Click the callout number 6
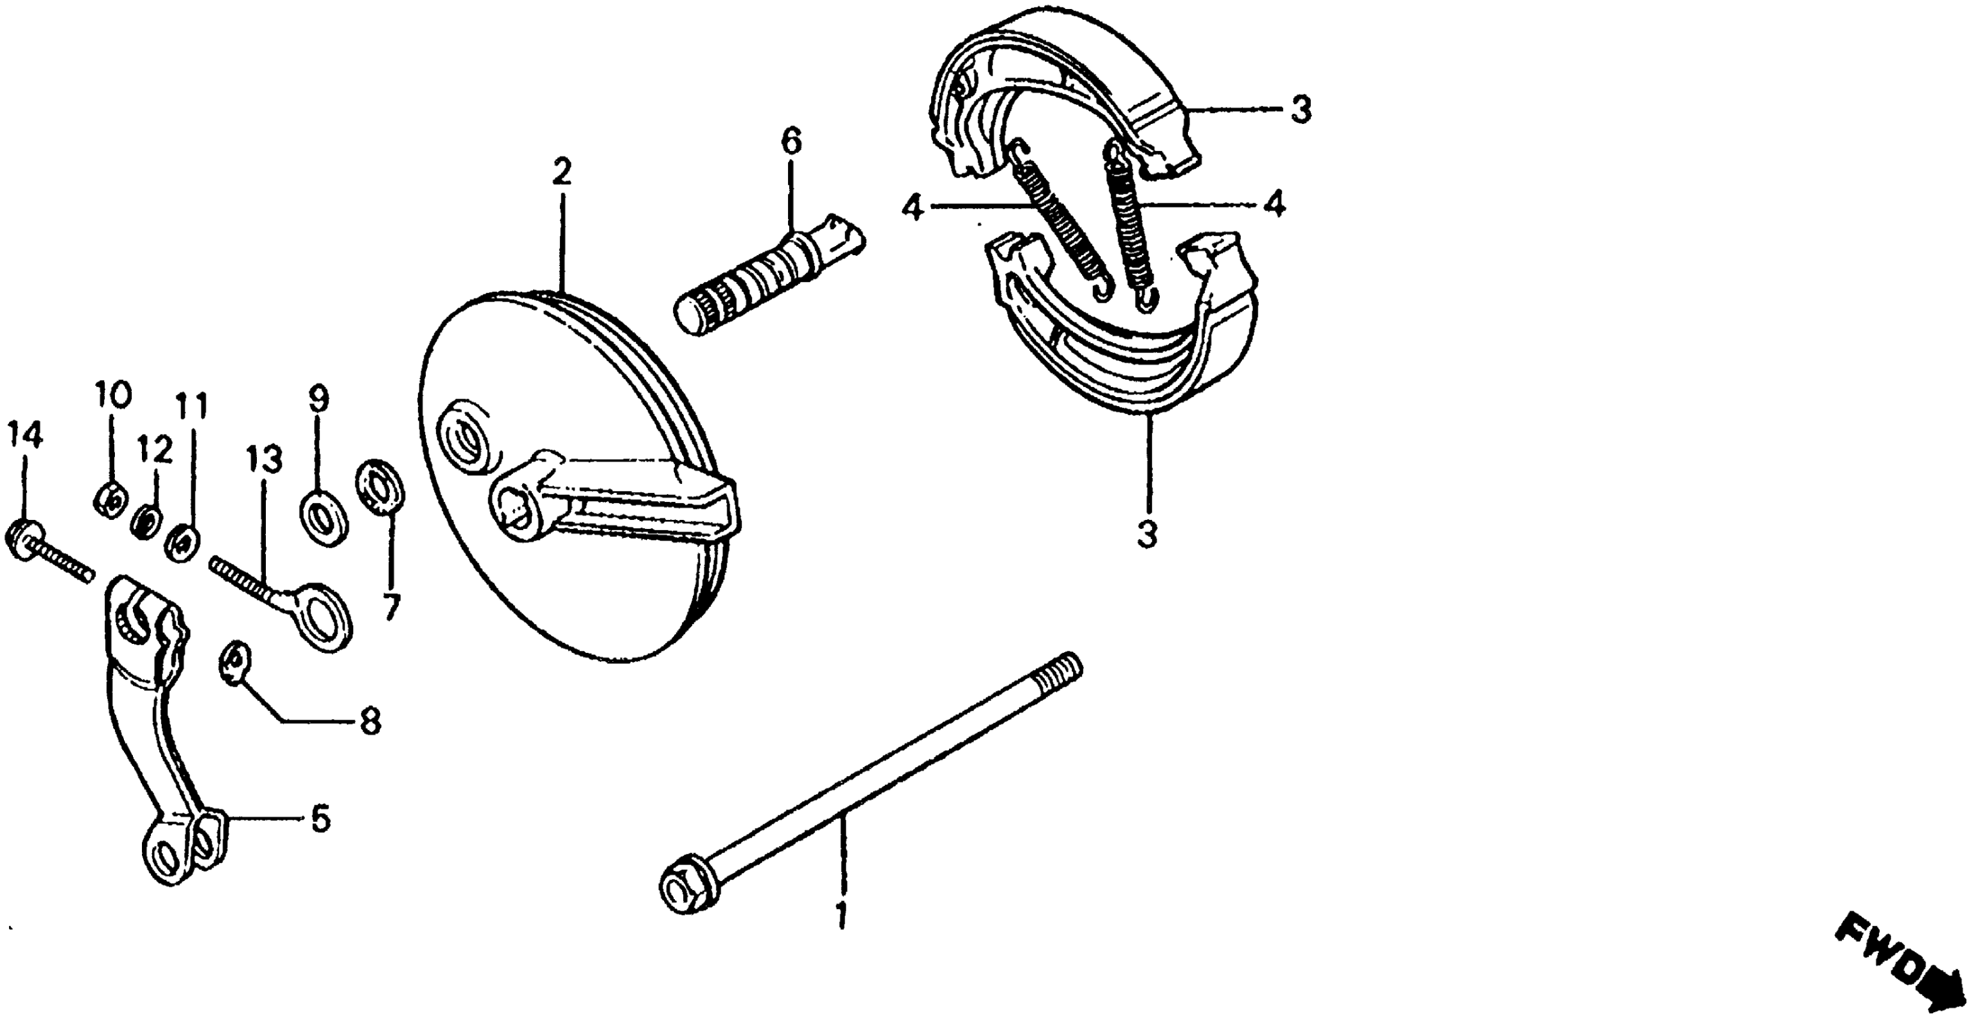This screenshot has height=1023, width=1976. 791,142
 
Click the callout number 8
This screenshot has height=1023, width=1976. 371,722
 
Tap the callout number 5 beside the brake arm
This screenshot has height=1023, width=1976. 321,820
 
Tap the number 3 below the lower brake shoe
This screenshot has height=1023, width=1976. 1147,535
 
